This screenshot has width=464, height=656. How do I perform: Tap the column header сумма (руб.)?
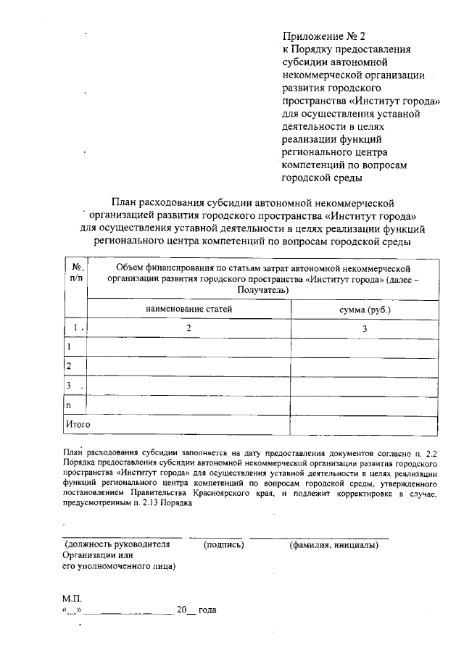(x=365, y=310)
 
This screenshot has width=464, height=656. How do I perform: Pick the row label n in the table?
(x=69, y=404)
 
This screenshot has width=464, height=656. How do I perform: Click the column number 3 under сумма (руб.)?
(x=365, y=328)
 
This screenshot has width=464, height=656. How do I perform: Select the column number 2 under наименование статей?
(x=188, y=328)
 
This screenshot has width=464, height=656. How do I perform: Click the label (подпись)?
(x=224, y=544)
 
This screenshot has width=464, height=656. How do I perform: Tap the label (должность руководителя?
(x=117, y=544)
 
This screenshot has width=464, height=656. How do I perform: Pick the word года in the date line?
(x=207, y=610)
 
